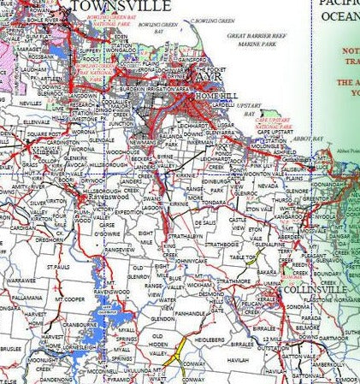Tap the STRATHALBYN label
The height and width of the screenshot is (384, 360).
tap(185, 235)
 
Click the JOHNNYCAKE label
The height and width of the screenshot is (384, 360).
tap(192, 260)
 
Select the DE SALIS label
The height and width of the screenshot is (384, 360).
tap(203, 222)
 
